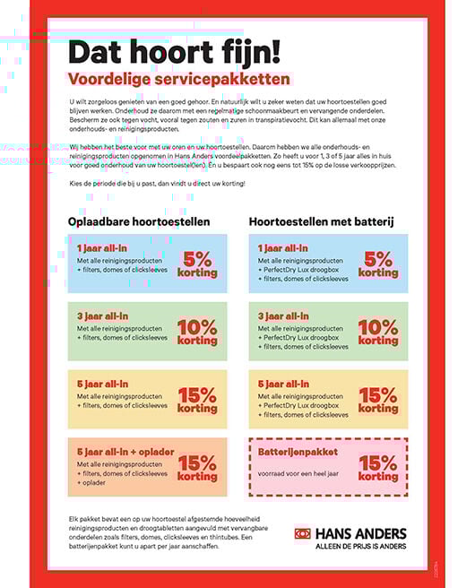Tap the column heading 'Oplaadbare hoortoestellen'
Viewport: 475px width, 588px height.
tap(139, 220)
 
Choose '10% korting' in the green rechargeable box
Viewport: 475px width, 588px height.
tap(197, 331)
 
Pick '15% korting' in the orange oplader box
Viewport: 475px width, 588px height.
tap(197, 468)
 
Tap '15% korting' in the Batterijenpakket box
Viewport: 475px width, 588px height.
tap(377, 468)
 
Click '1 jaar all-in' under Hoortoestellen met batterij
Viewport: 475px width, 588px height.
tap(282, 247)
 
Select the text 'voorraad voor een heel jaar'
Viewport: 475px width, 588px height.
tap(304, 473)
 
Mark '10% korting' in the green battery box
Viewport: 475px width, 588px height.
tap(377, 331)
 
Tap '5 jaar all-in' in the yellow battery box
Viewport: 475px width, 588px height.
tap(283, 384)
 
